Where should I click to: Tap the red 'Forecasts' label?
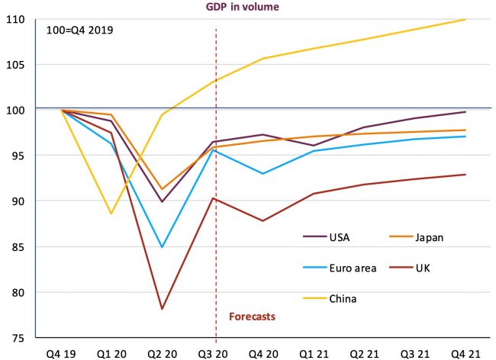pos(252,315)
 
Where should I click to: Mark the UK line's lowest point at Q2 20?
pos(162,309)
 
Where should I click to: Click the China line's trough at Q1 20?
pos(111,214)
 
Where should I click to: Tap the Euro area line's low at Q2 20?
pos(162,247)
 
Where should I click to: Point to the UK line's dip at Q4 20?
pos(263,221)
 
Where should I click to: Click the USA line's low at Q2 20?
pos(162,202)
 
